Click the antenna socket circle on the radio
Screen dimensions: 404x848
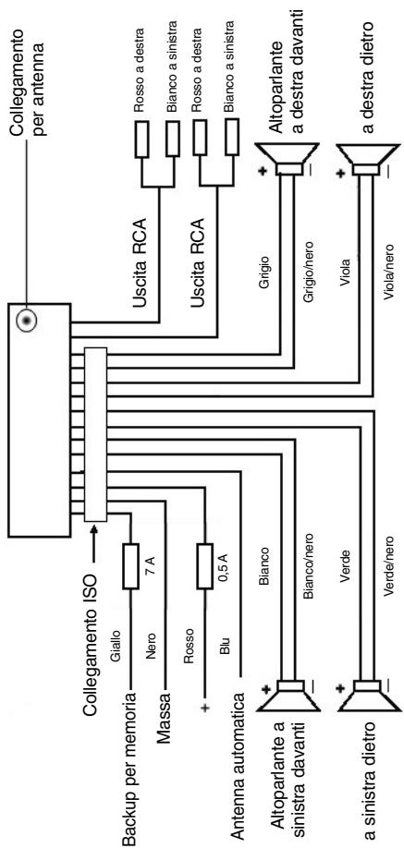pos(26,321)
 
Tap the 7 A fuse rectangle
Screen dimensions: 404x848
pos(131,566)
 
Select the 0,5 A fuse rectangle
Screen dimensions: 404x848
pos(204,566)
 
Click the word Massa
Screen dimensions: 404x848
pos(165,713)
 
